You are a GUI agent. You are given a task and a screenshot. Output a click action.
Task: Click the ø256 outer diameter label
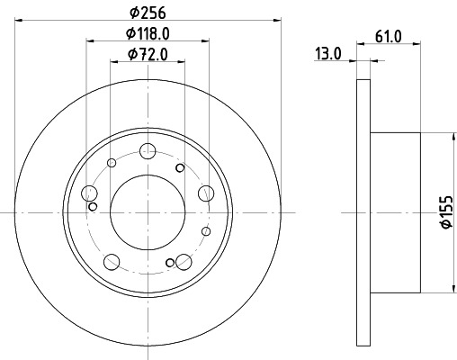tap(147, 13)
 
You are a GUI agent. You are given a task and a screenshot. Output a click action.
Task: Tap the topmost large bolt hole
tap(148, 151)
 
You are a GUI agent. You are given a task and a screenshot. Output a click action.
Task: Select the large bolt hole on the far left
tap(89, 193)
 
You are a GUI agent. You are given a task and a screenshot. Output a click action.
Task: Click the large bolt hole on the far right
tap(205, 193)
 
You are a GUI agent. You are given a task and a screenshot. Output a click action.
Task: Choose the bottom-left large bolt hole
tap(112, 262)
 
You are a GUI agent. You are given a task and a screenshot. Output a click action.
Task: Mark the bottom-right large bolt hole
tap(184, 262)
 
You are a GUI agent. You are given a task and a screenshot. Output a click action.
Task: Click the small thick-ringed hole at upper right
tap(180, 167)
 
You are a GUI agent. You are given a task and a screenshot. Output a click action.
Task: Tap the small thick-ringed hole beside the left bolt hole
tap(93, 207)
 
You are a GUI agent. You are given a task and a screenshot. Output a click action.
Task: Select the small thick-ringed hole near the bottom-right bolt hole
tap(170, 263)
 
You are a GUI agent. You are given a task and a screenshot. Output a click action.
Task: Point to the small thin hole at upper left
tap(112, 163)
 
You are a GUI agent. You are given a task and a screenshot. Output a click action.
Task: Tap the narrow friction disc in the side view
tap(363, 212)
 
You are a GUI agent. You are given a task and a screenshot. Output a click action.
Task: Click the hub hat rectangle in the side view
tap(395, 212)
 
